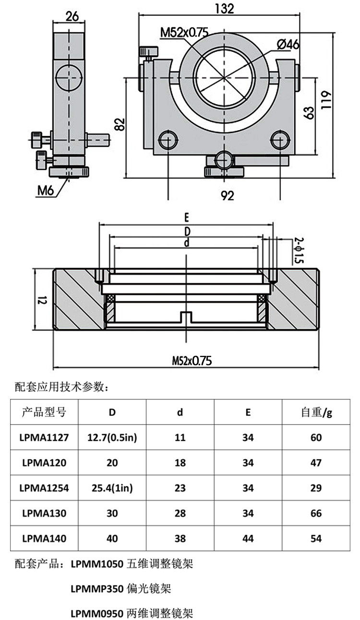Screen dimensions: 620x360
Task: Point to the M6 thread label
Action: point(46,191)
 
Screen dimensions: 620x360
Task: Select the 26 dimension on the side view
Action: point(72,17)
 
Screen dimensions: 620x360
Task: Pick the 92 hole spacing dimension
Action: point(228,195)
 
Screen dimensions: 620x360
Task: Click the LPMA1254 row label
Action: point(45,488)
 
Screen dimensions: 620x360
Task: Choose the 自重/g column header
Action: point(316,412)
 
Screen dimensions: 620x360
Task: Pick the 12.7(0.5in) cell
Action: point(112,438)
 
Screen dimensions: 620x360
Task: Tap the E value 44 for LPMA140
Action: point(248,538)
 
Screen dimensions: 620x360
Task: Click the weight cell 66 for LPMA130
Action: point(316,513)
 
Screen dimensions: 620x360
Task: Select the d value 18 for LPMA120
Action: point(180,463)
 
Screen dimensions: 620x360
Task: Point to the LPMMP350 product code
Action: point(97,588)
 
